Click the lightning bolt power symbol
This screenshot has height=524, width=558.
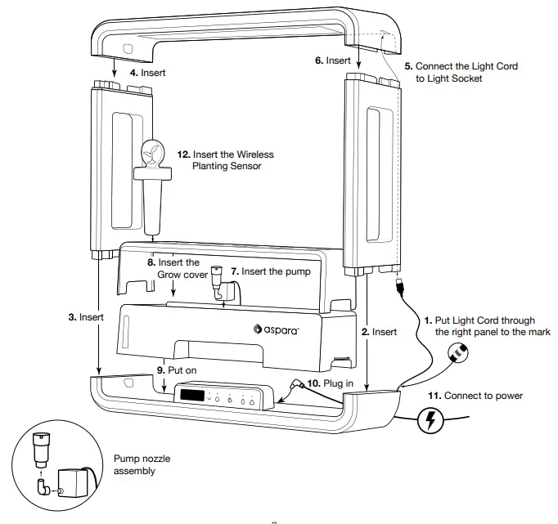point(430,422)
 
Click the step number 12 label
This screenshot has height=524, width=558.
point(183,154)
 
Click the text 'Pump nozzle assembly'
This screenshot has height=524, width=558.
point(142,465)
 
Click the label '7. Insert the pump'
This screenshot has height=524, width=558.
point(269,271)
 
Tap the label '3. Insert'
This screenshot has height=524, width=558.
point(85,316)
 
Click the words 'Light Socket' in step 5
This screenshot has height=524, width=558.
point(449,78)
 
